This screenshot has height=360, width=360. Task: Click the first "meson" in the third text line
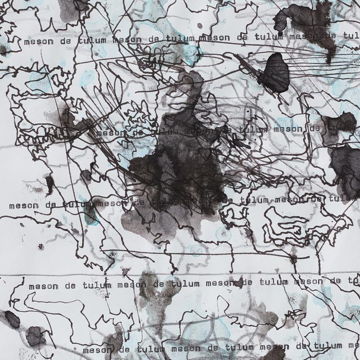tap(21, 205)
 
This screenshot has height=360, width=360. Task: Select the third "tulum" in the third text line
tap(255, 200)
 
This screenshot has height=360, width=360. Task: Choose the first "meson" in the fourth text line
tap(43, 286)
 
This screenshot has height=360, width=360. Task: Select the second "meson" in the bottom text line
tap(186, 348)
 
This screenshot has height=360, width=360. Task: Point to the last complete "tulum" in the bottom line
tap(328, 346)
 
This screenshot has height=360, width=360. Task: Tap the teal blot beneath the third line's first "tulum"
tap(91, 217)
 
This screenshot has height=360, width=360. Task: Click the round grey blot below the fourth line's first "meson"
tap(35, 336)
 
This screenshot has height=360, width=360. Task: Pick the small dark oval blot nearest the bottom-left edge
tap(12, 319)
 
